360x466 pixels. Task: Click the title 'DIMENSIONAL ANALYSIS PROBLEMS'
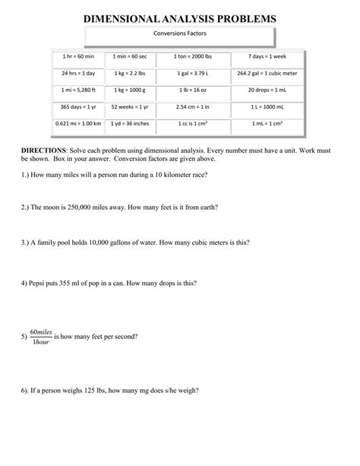coord(179,16)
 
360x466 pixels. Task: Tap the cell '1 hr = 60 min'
coord(72,58)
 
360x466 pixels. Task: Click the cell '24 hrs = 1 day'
coord(72,74)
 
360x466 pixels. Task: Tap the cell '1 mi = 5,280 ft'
coord(72,90)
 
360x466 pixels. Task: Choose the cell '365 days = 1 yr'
coord(72,106)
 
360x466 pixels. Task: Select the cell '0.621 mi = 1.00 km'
coord(72,123)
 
